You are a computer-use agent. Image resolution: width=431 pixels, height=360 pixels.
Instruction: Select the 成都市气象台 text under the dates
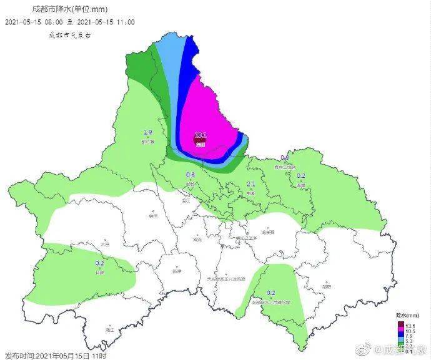(70, 35)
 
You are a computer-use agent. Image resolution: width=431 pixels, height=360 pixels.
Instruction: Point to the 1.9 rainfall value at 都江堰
(148, 132)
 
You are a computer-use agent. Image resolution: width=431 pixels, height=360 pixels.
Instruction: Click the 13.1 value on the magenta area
(201, 135)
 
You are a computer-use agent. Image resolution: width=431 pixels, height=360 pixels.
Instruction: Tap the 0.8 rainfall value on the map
(191, 175)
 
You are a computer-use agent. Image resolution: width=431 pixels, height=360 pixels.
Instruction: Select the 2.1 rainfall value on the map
(251, 184)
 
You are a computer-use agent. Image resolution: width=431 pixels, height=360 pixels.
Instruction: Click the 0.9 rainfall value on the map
(284, 157)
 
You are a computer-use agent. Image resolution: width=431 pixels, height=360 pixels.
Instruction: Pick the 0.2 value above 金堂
(300, 176)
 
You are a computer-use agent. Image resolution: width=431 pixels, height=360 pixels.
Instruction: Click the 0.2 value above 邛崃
(100, 263)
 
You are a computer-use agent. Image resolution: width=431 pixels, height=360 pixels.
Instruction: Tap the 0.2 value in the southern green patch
(271, 293)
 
